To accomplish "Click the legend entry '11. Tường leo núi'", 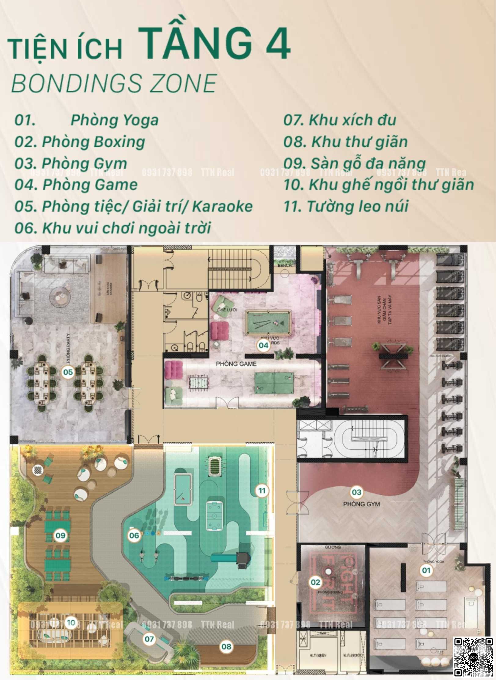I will [x=346, y=206].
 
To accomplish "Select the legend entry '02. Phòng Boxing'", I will [x=80, y=142].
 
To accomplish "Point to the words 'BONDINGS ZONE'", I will [x=114, y=83].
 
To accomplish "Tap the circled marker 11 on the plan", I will [x=262, y=491].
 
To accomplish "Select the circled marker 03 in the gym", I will [x=356, y=492].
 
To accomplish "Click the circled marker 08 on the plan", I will [x=226, y=646].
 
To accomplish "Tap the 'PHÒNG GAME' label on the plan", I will [x=236, y=364].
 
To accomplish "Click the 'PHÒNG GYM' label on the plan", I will [x=361, y=504].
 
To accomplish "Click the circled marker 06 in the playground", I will [x=134, y=535].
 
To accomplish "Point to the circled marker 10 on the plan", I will [x=71, y=622].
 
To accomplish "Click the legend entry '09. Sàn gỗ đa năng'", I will [x=354, y=163].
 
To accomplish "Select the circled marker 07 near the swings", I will [x=149, y=639].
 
